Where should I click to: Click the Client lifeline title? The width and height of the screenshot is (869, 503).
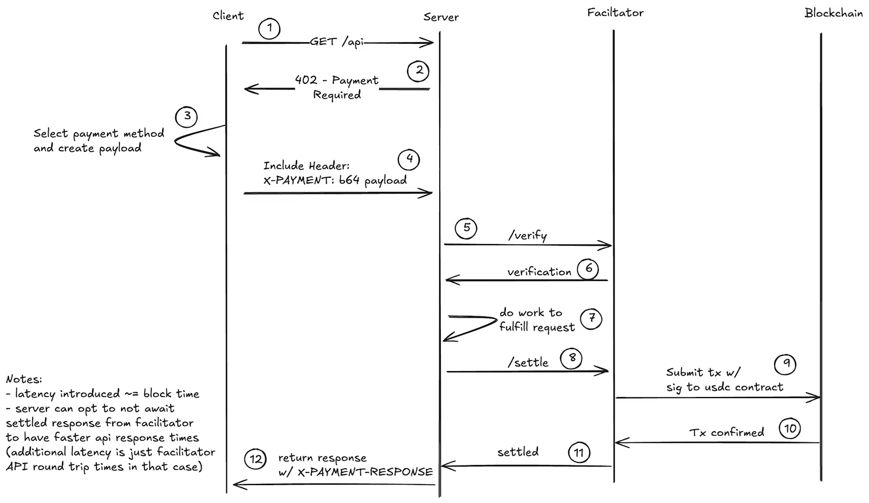pyautogui.click(x=228, y=16)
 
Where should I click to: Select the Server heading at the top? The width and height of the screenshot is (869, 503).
pyautogui.click(x=441, y=17)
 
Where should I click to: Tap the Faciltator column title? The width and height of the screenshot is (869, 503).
pyautogui.click(x=615, y=13)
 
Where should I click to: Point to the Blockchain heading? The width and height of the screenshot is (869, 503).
pyautogui.click(x=833, y=13)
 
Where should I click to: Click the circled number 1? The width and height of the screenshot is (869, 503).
pyautogui.click(x=270, y=28)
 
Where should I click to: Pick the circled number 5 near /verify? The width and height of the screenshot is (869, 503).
pyautogui.click(x=466, y=228)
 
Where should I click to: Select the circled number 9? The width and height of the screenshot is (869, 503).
pyautogui.click(x=785, y=364)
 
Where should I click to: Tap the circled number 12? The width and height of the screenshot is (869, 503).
pyautogui.click(x=255, y=459)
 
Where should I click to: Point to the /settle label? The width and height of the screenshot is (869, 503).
pyautogui.click(x=528, y=363)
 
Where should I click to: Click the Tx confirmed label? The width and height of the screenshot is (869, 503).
pyautogui.click(x=726, y=433)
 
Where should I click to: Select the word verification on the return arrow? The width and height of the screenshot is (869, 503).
pyautogui.click(x=539, y=272)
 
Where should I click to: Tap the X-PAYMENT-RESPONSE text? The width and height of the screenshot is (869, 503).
pyautogui.click(x=365, y=472)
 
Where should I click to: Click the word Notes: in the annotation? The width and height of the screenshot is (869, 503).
pyautogui.click(x=24, y=379)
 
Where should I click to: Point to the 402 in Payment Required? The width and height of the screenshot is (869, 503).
pyautogui.click(x=306, y=80)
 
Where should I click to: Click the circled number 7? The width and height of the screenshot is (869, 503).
pyautogui.click(x=591, y=318)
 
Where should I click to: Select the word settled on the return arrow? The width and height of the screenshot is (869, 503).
pyautogui.click(x=518, y=452)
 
